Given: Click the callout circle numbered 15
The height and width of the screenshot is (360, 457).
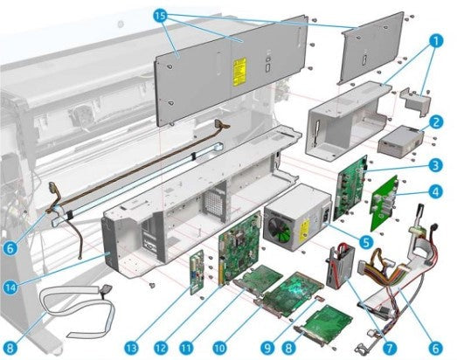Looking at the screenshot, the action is point(160,15).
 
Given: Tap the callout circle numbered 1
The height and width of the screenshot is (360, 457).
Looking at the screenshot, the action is point(435,41).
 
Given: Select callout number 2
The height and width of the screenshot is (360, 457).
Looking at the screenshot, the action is point(436,121).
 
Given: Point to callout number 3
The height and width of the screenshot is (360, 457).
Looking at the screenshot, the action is point(436,165).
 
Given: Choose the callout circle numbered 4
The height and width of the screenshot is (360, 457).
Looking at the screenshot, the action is point(436,192).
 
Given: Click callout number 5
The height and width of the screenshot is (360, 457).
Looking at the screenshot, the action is point(366,242).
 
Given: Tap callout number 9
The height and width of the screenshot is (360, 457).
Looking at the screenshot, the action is point(267,348).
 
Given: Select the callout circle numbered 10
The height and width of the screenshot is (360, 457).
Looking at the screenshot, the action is point(219,348).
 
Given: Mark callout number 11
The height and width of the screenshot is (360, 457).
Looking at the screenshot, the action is point(186,348).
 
